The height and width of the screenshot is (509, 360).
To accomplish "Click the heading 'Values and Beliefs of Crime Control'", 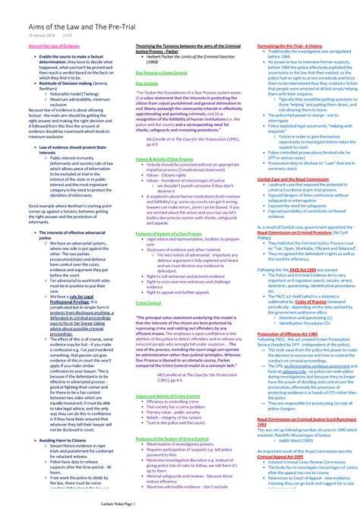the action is coord(166,396).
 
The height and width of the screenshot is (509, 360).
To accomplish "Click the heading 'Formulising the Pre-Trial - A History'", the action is coord(292,46).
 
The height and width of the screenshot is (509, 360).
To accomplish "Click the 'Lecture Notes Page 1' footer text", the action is coord(179,503).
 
